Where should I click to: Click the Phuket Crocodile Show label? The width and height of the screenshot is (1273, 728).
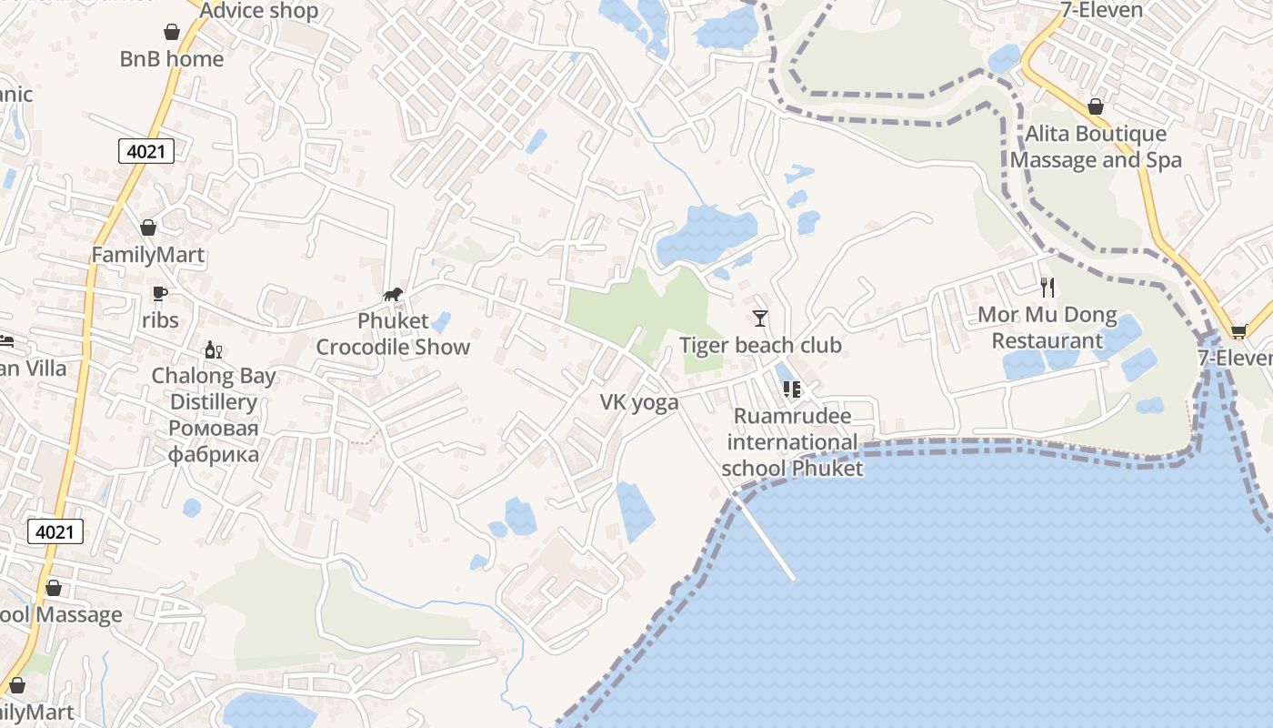pyautogui.click(x=393, y=334)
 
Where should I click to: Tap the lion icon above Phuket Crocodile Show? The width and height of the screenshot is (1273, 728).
pyautogui.click(x=393, y=294)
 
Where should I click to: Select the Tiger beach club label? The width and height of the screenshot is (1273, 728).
pyautogui.click(x=760, y=346)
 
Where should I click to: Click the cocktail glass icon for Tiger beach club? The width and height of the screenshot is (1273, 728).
pyautogui.click(x=760, y=318)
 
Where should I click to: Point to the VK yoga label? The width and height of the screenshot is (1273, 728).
pyautogui.click(x=638, y=402)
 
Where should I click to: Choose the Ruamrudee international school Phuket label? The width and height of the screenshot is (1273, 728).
pyautogui.click(x=792, y=442)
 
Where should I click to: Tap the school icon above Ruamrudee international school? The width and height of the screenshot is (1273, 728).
pyautogui.click(x=792, y=389)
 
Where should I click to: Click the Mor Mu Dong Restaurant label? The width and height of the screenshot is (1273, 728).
pyautogui.click(x=1047, y=329)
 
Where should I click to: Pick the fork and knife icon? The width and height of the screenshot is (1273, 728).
pyautogui.click(x=1047, y=288)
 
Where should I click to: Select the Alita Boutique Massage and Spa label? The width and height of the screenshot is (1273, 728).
pyautogui.click(x=1096, y=147)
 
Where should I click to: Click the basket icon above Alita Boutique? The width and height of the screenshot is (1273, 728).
pyautogui.click(x=1096, y=106)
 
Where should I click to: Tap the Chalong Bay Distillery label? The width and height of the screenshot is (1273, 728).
pyautogui.click(x=214, y=414)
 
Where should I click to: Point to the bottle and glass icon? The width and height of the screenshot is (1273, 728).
pyautogui.click(x=214, y=349)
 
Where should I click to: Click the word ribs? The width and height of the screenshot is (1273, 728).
pyautogui.click(x=160, y=320)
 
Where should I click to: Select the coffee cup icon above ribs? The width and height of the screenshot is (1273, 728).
pyautogui.click(x=160, y=293)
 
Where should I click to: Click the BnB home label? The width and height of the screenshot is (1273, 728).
pyautogui.click(x=172, y=59)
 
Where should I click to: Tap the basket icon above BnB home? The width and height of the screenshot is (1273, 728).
pyautogui.click(x=172, y=33)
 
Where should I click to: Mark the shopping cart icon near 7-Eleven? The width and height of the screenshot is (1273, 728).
pyautogui.click(x=1238, y=331)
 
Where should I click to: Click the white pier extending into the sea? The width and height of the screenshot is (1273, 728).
pyautogui.click(x=766, y=541)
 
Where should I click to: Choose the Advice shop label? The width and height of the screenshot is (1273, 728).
pyautogui.click(x=259, y=11)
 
